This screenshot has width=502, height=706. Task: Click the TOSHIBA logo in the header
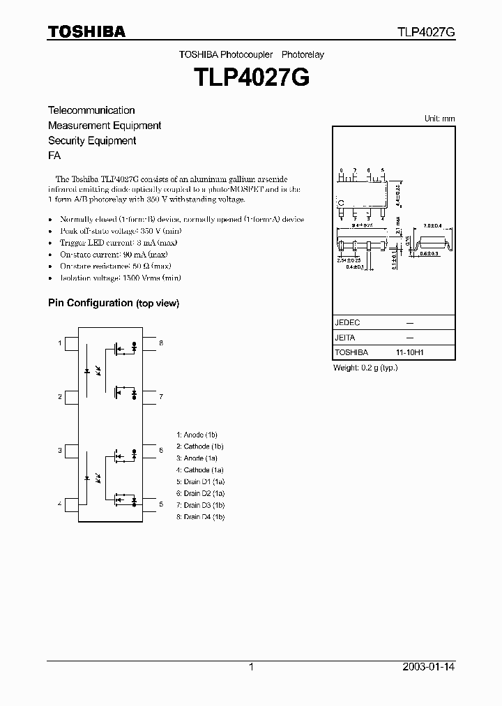click(86, 31)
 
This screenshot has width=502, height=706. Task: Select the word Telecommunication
click(91, 110)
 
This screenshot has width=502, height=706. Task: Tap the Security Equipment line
click(91, 141)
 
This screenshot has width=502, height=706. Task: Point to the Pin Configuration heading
click(113, 303)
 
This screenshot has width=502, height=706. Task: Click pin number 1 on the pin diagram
click(60, 343)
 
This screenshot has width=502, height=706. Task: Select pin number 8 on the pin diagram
click(160, 343)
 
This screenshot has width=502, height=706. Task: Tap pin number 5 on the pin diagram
click(160, 504)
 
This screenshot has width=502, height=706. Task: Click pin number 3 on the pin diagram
click(60, 451)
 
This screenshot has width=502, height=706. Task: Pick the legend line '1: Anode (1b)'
click(199, 435)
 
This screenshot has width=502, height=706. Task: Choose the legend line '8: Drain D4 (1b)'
click(201, 517)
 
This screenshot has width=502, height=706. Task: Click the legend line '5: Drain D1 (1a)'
click(201, 481)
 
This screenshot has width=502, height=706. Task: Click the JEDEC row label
click(347, 323)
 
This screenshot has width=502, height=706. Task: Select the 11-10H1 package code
click(410, 353)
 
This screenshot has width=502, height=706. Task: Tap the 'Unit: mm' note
click(439, 119)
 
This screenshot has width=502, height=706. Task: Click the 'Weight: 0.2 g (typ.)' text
click(365, 368)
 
